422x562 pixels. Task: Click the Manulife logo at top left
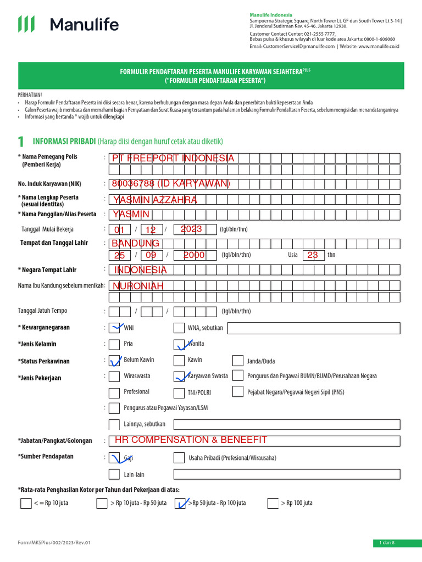coord(68,24)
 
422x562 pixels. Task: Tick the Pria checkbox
coord(114,345)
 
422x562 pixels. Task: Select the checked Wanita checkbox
coord(179,345)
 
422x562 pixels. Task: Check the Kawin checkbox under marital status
coord(179,361)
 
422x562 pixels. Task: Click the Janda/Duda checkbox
coord(237,361)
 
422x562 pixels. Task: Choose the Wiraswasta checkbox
coord(114,376)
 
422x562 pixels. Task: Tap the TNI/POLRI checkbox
coord(179,392)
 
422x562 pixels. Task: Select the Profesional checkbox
coord(114,392)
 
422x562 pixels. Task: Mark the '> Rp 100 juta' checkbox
coord(273,503)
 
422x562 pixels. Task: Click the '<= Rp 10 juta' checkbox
coord(26,503)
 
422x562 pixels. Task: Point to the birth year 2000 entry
coord(194,255)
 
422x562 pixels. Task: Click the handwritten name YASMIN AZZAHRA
coord(154,200)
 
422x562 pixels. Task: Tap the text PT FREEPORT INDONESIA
coord(173,159)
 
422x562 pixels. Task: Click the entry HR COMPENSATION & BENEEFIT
coord(191,440)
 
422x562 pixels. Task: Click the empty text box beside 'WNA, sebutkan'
coord(313,329)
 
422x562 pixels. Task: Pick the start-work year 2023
coord(191,229)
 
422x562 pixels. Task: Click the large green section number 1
coord(21,142)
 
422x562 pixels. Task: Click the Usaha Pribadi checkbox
coord(179,458)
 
